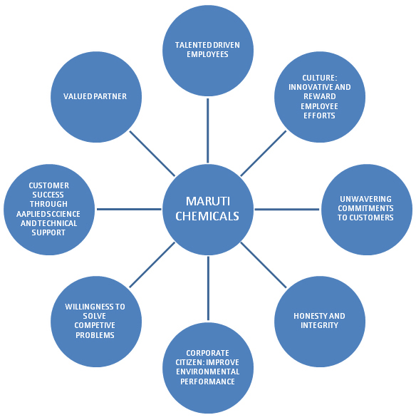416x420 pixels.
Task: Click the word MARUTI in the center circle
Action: [x=208, y=201]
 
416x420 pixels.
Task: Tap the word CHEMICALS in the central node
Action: [x=207, y=216]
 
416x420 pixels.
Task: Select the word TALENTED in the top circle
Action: [x=190, y=45]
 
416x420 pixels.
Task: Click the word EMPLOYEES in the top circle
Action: [x=207, y=54]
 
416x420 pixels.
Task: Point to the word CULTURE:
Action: [x=320, y=78]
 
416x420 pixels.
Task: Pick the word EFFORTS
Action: [x=319, y=116]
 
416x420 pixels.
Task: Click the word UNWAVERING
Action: [x=365, y=199]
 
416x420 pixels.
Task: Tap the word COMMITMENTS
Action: [x=365, y=208]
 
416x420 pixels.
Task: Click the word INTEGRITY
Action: [x=319, y=325]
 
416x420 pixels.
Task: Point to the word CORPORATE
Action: [x=207, y=353]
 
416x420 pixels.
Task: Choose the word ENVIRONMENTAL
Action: [x=207, y=372]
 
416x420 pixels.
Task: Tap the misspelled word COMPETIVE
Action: [x=95, y=325]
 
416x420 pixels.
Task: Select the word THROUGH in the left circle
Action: [x=48, y=204]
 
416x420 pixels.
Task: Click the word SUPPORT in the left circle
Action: [x=48, y=232]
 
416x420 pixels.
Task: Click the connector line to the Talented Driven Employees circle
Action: [x=207, y=130]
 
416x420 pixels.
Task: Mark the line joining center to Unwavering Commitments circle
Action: [x=287, y=209]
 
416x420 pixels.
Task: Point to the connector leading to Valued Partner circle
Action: [x=152, y=153]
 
